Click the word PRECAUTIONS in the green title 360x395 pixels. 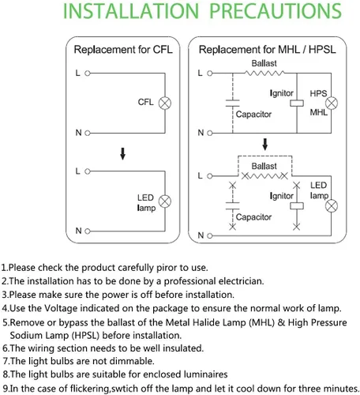[x=276, y=11]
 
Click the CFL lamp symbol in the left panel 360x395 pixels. [x=165, y=103]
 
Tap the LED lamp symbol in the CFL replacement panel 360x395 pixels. [x=165, y=201]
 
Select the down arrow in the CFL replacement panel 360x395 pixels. [x=122, y=154]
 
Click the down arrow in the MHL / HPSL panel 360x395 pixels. [x=265, y=145]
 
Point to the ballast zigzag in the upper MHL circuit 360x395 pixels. [x=264, y=73]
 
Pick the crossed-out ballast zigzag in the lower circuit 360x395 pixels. [x=264, y=176]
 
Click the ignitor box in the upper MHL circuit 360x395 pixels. [x=297, y=103]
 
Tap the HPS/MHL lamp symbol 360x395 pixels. [x=332, y=103]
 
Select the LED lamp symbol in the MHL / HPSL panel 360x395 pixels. [x=332, y=206]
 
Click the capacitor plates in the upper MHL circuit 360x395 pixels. [x=233, y=103]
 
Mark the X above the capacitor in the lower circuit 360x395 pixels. [x=233, y=186]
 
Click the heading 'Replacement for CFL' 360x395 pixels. [x=123, y=50]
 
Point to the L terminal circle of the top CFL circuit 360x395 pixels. [x=88, y=73]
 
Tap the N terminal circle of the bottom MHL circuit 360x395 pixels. [x=210, y=235]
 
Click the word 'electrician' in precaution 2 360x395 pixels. [x=241, y=281]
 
